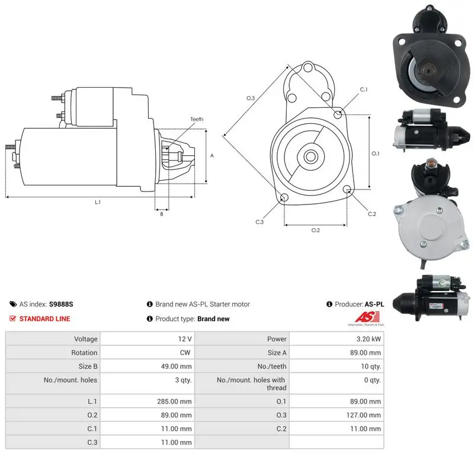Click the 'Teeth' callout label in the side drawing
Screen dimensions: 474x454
point(197,119)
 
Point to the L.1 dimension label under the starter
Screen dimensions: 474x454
point(98,202)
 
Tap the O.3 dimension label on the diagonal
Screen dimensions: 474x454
point(250,98)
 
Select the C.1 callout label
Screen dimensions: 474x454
point(364,89)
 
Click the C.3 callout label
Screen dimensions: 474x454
point(260,222)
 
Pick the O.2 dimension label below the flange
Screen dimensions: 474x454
point(316,231)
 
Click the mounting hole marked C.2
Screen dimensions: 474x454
point(347,190)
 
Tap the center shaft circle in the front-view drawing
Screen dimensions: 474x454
point(310,156)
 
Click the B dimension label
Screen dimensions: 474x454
point(162,214)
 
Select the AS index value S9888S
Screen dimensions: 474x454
point(61,304)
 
